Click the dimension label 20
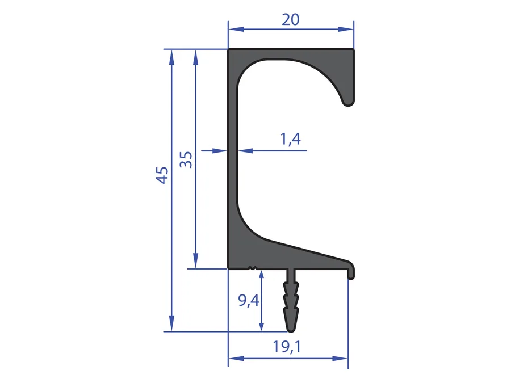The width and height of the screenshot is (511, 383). [x=290, y=19]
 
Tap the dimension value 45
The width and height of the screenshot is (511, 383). [x=162, y=175]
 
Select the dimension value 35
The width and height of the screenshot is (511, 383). [x=186, y=159]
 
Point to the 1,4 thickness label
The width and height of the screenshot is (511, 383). [x=290, y=139]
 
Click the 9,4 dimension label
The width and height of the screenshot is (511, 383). [x=249, y=300]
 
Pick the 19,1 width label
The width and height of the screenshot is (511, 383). [x=287, y=347]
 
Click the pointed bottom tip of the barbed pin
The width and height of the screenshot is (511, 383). [x=291, y=331]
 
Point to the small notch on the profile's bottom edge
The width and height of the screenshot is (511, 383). [x=253, y=268]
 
